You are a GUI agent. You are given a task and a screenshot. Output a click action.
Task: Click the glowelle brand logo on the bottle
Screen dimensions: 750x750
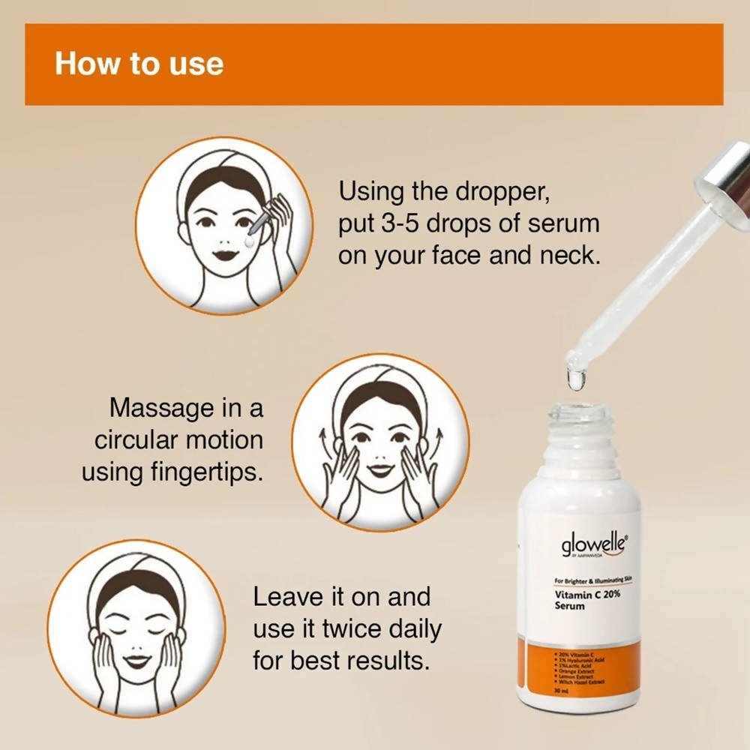coord(592,546)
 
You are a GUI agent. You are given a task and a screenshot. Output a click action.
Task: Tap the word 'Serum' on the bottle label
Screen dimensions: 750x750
coord(569,606)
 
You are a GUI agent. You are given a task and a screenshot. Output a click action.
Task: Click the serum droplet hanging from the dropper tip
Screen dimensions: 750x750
coord(576,379)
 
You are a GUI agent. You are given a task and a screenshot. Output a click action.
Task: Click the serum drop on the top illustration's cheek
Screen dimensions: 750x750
coord(247,244)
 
